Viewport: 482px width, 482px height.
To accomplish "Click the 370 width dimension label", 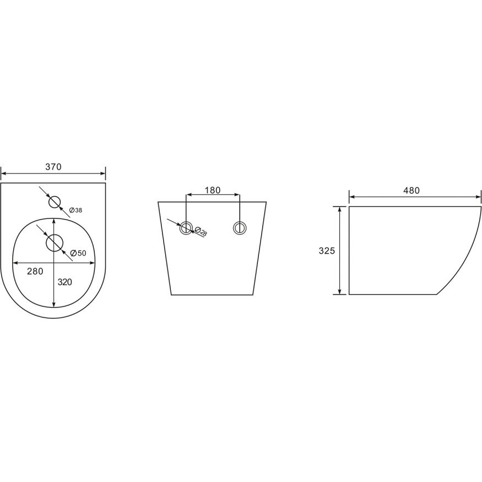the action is (x=53, y=167).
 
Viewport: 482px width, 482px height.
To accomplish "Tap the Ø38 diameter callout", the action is (x=75, y=210).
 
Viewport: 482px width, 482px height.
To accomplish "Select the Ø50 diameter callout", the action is (x=78, y=253).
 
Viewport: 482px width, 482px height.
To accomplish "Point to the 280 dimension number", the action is (x=35, y=271).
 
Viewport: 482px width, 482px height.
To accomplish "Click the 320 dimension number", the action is (x=64, y=282).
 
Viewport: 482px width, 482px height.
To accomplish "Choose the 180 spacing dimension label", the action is (x=213, y=190).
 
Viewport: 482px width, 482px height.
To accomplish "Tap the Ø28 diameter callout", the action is (x=201, y=232).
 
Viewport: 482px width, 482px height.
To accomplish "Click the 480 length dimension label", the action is (x=411, y=190).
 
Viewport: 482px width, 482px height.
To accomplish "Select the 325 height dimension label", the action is (x=327, y=251).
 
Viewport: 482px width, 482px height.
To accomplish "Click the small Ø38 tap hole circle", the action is (x=55, y=202).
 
